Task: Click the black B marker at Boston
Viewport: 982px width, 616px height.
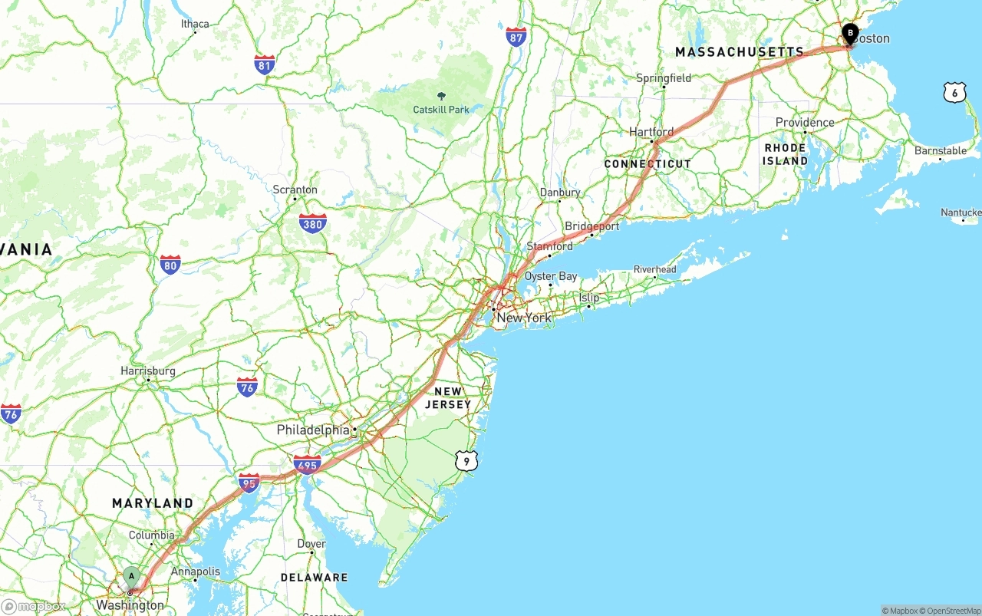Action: pyautogui.click(x=850, y=33)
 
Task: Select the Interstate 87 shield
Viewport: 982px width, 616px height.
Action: pyautogui.click(x=516, y=36)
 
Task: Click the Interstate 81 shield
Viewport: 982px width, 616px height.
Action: pyautogui.click(x=265, y=64)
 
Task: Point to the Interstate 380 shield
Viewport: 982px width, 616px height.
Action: pyautogui.click(x=312, y=223)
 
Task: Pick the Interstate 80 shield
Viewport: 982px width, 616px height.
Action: pyautogui.click(x=170, y=265)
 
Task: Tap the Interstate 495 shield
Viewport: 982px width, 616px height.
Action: pyautogui.click(x=307, y=464)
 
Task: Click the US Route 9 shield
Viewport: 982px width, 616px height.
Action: pyautogui.click(x=466, y=460)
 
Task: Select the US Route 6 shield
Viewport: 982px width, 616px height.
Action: pyautogui.click(x=954, y=92)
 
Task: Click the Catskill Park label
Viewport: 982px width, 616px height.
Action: pyautogui.click(x=441, y=110)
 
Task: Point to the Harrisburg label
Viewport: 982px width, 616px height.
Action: pyautogui.click(x=148, y=371)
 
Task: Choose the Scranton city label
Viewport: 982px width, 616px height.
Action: pyautogui.click(x=295, y=189)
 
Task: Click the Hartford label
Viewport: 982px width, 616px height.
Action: pyautogui.click(x=651, y=132)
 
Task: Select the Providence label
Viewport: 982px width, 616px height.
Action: pyautogui.click(x=805, y=123)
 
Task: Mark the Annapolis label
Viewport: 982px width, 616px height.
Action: pyautogui.click(x=195, y=572)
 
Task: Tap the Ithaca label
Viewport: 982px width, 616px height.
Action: pyautogui.click(x=195, y=24)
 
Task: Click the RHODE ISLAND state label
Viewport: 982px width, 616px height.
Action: pyautogui.click(x=785, y=154)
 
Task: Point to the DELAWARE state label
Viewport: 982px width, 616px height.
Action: pyautogui.click(x=314, y=578)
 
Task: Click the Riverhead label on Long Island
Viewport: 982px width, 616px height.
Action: pyautogui.click(x=655, y=269)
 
